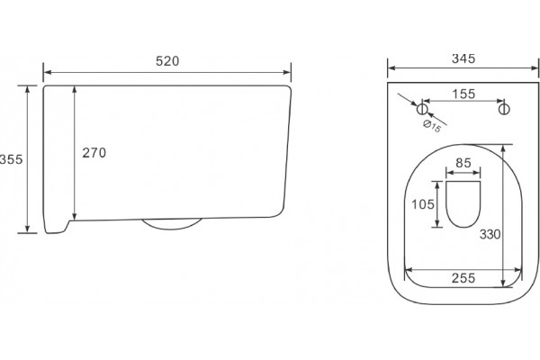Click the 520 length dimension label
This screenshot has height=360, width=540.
tap(167, 61)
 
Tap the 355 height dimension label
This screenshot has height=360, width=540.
tap(11, 159)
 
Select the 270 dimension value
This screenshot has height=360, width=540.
tap(94, 153)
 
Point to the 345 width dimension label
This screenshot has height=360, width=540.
tap(463, 58)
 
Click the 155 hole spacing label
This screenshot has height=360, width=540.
tap(463, 94)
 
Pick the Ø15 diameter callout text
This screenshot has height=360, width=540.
tap(432, 126)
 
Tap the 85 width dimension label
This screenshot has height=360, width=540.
tap(463, 163)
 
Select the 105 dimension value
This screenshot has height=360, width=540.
tap(423, 204)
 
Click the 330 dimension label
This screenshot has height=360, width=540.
tap(490, 235)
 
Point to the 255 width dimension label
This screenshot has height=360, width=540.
tap(463, 278)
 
